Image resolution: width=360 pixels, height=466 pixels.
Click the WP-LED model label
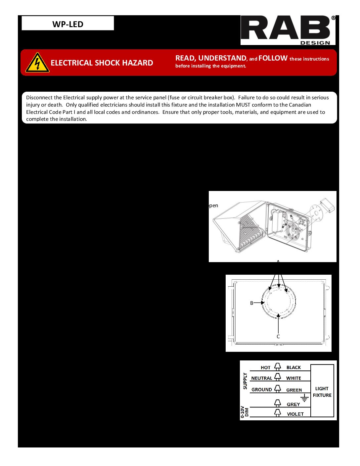[x=67, y=24]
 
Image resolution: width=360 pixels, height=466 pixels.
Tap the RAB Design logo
[x=288, y=30]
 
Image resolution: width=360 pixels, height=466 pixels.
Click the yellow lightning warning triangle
[x=37, y=63]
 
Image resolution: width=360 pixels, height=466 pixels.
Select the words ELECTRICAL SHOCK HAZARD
[x=102, y=63]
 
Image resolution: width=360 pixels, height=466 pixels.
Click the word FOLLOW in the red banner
[x=273, y=58]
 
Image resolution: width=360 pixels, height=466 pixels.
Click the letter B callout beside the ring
[x=251, y=303]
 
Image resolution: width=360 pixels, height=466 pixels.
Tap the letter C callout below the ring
[x=278, y=337]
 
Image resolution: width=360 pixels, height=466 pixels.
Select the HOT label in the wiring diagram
[x=265, y=368]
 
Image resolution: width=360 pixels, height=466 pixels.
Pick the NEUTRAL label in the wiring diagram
[x=261, y=378]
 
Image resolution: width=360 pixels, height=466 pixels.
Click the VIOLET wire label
[x=295, y=414]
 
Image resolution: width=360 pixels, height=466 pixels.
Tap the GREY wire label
[x=293, y=404]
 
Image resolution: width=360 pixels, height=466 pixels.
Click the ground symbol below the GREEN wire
[x=304, y=398]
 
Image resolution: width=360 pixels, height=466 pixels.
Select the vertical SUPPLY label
[x=245, y=381]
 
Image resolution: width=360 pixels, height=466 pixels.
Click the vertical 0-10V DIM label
[x=245, y=412]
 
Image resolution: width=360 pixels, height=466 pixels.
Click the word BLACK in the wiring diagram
[x=293, y=368]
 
